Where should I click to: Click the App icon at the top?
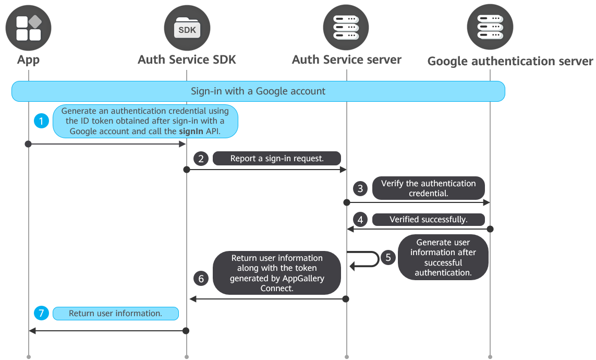[x=28, y=28]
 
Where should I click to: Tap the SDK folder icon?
[x=187, y=28]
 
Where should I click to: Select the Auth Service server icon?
[x=346, y=27]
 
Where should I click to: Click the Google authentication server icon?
[x=490, y=27]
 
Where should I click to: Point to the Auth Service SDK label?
[x=187, y=59]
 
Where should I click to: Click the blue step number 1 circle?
[x=41, y=121]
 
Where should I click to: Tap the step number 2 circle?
[x=201, y=159]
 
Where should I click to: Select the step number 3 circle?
[x=360, y=188]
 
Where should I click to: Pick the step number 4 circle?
[x=360, y=219]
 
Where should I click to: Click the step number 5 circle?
[x=388, y=257]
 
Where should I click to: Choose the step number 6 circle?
[x=201, y=279]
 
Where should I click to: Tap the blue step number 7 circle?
[x=41, y=313]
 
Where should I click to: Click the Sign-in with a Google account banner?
[x=258, y=91]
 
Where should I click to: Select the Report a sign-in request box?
[x=277, y=159]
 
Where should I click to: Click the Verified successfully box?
[x=429, y=219]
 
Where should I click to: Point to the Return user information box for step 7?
[x=116, y=313]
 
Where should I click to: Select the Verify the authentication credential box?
[x=429, y=188]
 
